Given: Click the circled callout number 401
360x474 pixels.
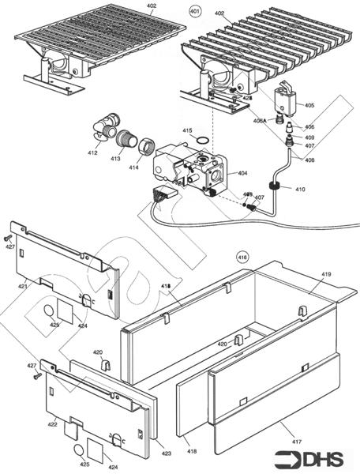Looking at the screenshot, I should point(194,13).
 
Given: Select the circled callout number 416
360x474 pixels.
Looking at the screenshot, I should point(242,257).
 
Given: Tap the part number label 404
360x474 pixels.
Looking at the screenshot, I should point(242,172).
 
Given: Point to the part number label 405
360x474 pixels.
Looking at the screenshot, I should point(309,105).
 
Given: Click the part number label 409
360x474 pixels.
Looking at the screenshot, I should point(309,136).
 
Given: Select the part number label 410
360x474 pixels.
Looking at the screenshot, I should point(299,190).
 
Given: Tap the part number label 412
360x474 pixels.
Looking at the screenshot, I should point(93,152).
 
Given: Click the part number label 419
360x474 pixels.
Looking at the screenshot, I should point(326,274).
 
